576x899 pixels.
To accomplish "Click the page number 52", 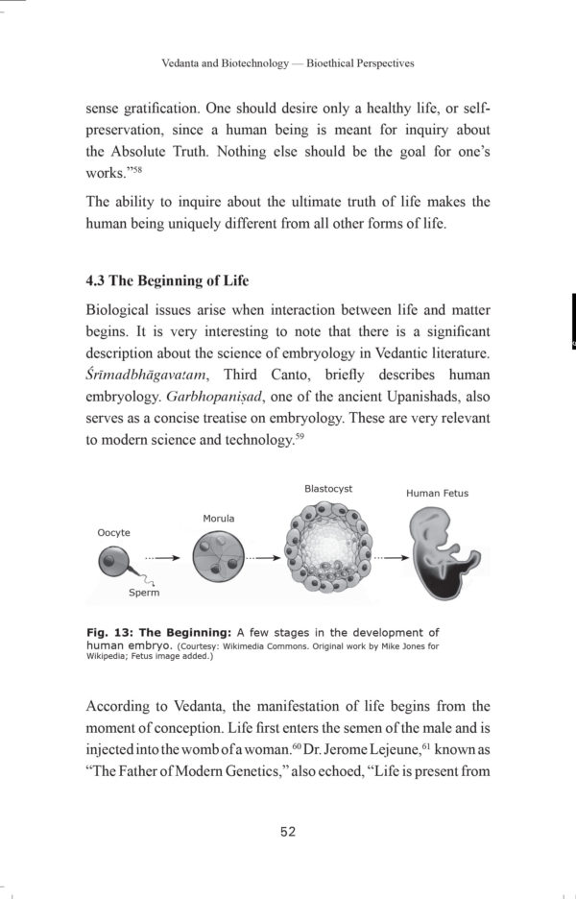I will tap(288, 832).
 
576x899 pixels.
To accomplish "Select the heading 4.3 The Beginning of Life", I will tap(167, 280).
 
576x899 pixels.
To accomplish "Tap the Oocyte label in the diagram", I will tap(114, 532).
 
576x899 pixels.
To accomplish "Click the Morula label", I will tap(218, 519).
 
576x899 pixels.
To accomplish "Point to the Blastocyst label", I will tap(328, 489).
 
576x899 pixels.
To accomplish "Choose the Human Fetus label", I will tap(437, 494).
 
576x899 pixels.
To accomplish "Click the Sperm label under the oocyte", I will tap(144, 593).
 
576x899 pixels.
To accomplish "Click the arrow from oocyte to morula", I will tap(161, 556).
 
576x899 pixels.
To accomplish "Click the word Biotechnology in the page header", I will tap(251, 63).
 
